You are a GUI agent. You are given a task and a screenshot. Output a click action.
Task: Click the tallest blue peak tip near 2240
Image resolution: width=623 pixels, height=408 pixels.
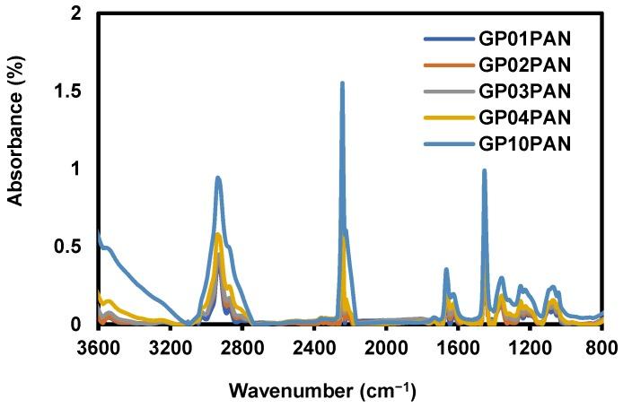[342, 83]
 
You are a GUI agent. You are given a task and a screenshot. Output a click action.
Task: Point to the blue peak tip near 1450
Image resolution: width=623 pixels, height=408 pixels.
[484, 170]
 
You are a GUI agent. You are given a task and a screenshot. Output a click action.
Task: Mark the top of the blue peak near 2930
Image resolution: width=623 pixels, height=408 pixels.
[218, 178]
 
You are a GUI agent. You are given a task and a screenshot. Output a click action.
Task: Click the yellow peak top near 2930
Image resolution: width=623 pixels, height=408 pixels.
[218, 234]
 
